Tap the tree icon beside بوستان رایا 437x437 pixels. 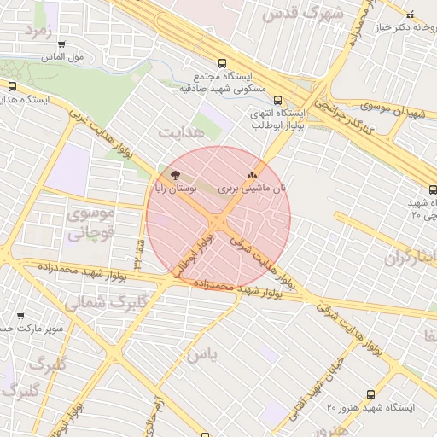[x=175, y=174]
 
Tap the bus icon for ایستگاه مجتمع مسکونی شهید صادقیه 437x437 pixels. [x=223, y=63]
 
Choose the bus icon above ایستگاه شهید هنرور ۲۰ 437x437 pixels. [x=370, y=394]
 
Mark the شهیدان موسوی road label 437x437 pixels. [x=393, y=110]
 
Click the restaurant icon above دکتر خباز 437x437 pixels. [x=409, y=15]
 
